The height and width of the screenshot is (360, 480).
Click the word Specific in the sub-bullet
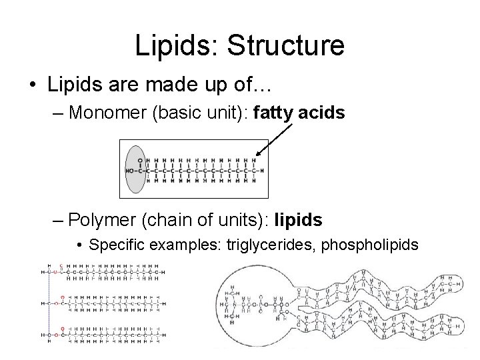coord(113,245)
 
